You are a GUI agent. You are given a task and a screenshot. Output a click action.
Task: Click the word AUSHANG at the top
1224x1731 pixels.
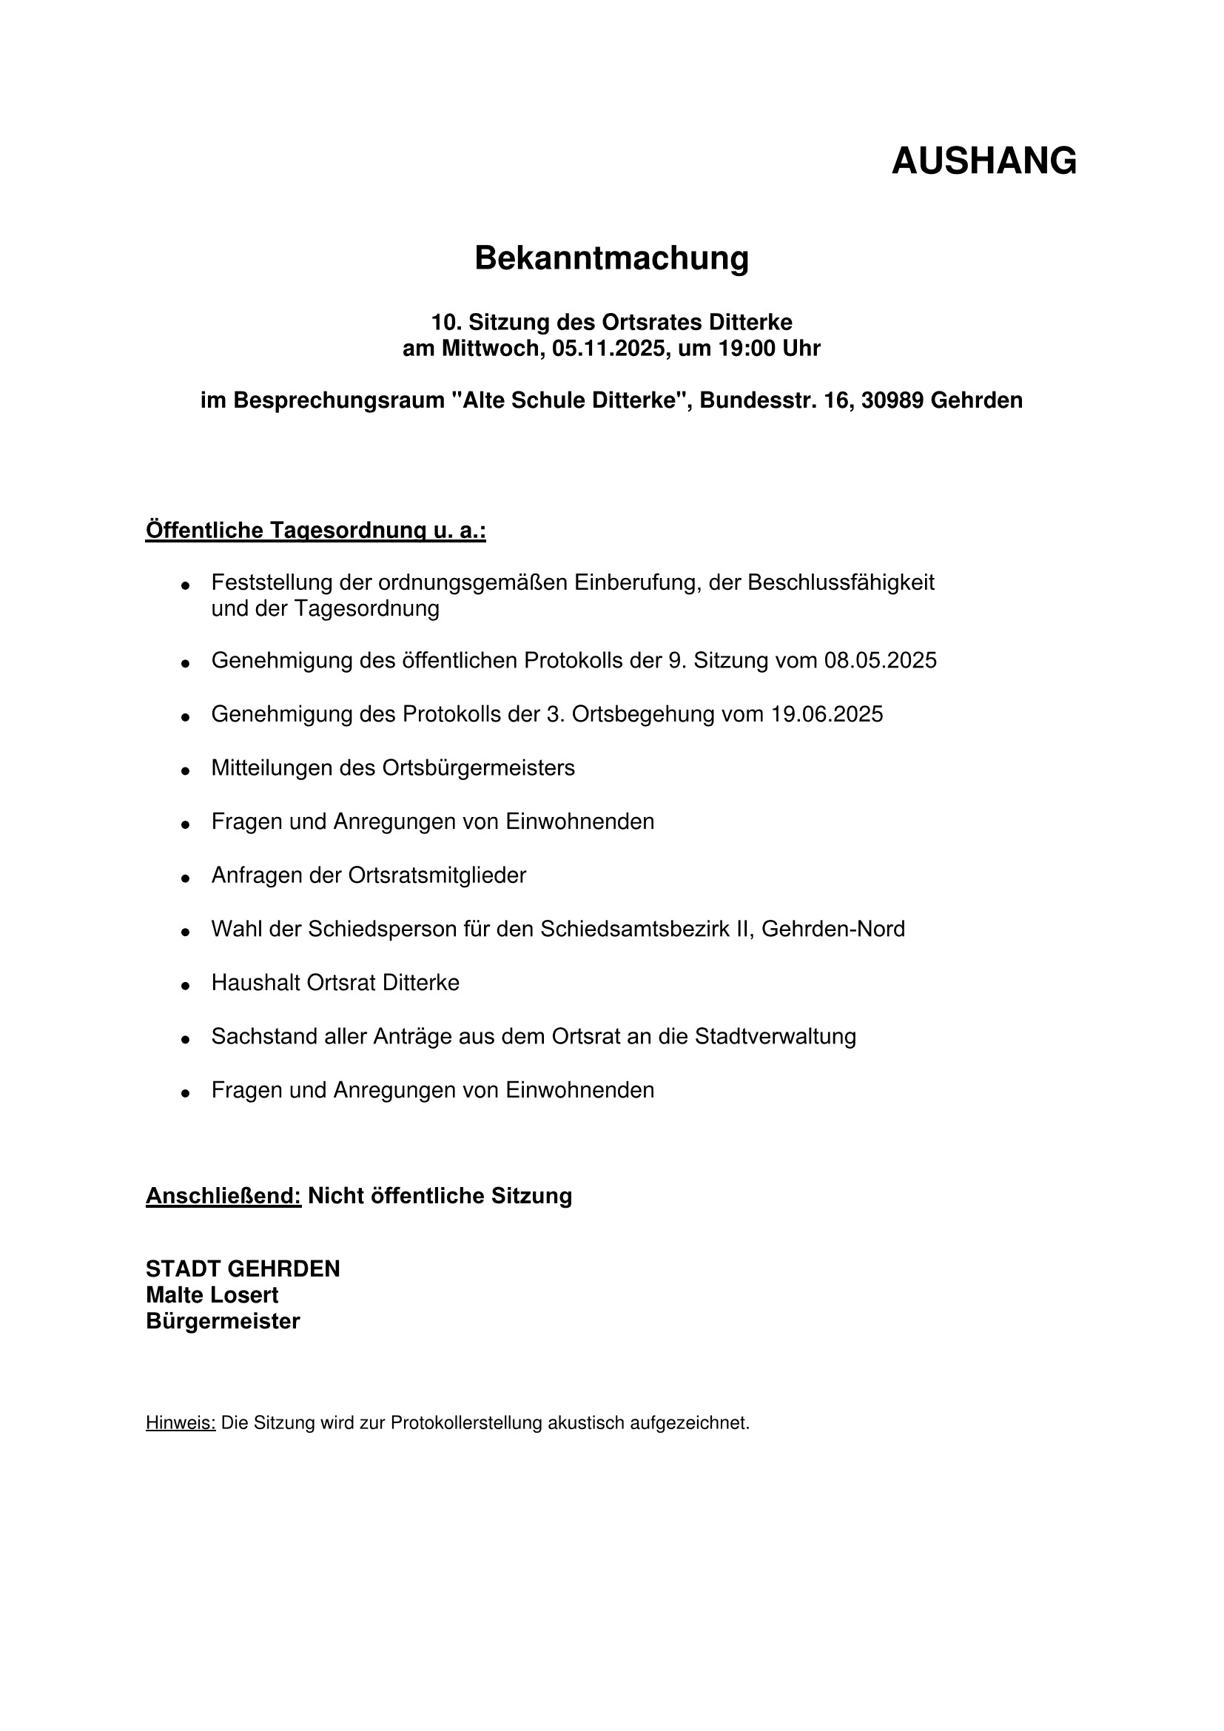tap(983, 161)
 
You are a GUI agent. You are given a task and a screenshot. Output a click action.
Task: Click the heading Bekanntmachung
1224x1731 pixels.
tap(611, 258)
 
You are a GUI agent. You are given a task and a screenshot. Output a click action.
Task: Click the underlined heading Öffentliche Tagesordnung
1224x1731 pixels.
tap(315, 531)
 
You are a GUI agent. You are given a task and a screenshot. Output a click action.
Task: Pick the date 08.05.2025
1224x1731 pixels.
tap(880, 660)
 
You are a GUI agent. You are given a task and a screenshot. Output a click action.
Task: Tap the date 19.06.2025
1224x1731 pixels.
tap(826, 714)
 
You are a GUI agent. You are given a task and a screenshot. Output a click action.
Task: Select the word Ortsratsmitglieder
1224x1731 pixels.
tap(437, 875)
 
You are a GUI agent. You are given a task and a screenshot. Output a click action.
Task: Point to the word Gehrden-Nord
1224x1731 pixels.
tap(833, 929)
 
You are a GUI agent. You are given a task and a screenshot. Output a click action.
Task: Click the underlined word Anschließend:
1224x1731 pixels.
tap(223, 1196)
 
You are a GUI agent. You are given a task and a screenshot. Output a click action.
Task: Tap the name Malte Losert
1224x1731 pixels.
tap(212, 1295)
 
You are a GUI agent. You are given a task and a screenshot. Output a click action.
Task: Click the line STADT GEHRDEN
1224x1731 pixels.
tap(243, 1269)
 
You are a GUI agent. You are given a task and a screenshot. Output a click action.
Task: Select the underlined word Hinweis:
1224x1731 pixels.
tap(181, 1423)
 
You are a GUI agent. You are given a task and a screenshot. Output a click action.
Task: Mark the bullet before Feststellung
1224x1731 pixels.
tap(185, 586)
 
